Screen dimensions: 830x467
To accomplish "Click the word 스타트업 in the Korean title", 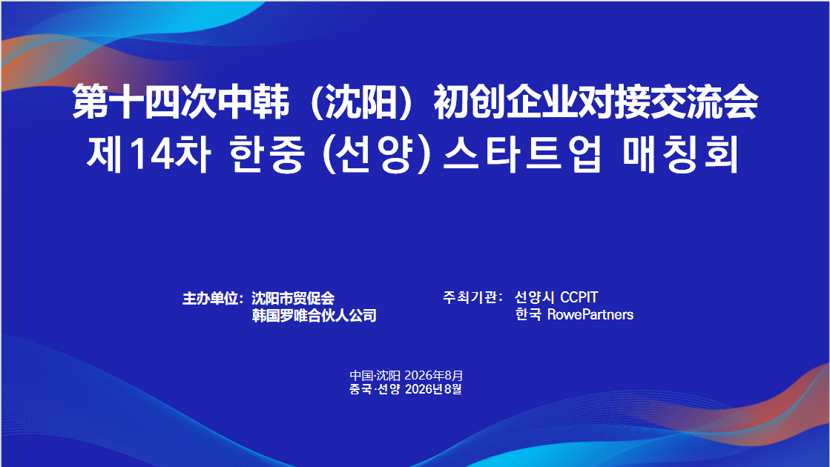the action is point(523,154).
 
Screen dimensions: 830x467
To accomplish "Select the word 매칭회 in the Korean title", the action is point(681,154).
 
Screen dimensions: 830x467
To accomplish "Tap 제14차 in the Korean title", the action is point(148,154).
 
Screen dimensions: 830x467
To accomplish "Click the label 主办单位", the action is point(210,298).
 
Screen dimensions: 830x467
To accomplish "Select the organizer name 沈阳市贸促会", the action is point(293,298).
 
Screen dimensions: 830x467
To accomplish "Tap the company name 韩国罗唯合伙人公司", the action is point(314,316).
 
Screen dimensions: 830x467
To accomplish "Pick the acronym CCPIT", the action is point(579,297).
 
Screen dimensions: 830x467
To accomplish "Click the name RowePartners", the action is point(590,315).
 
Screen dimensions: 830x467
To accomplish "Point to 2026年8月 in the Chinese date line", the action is point(433,376).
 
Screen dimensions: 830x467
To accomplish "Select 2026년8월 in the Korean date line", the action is point(433,389).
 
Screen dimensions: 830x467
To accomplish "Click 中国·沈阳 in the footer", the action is point(375,376).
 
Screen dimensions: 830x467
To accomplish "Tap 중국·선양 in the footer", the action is point(375,389).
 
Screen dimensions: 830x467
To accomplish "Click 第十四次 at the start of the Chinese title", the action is point(145,102).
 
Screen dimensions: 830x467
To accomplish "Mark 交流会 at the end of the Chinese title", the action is point(704,102).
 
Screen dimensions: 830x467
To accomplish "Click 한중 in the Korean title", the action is point(267,154).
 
